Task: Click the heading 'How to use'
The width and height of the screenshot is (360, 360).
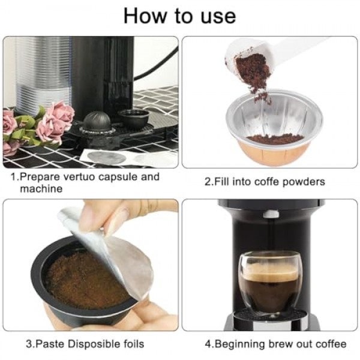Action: click(x=180, y=16)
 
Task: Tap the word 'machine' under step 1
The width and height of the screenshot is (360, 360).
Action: click(x=41, y=189)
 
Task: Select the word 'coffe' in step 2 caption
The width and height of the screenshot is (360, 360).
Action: click(x=267, y=182)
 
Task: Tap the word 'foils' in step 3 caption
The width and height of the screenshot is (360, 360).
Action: click(x=134, y=344)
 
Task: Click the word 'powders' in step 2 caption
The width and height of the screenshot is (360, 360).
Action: click(x=304, y=182)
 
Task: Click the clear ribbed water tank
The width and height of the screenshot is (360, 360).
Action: click(x=43, y=73)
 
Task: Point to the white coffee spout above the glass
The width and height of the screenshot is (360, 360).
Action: click(x=271, y=214)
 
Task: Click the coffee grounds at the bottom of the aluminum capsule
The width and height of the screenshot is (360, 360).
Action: click(x=275, y=139)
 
